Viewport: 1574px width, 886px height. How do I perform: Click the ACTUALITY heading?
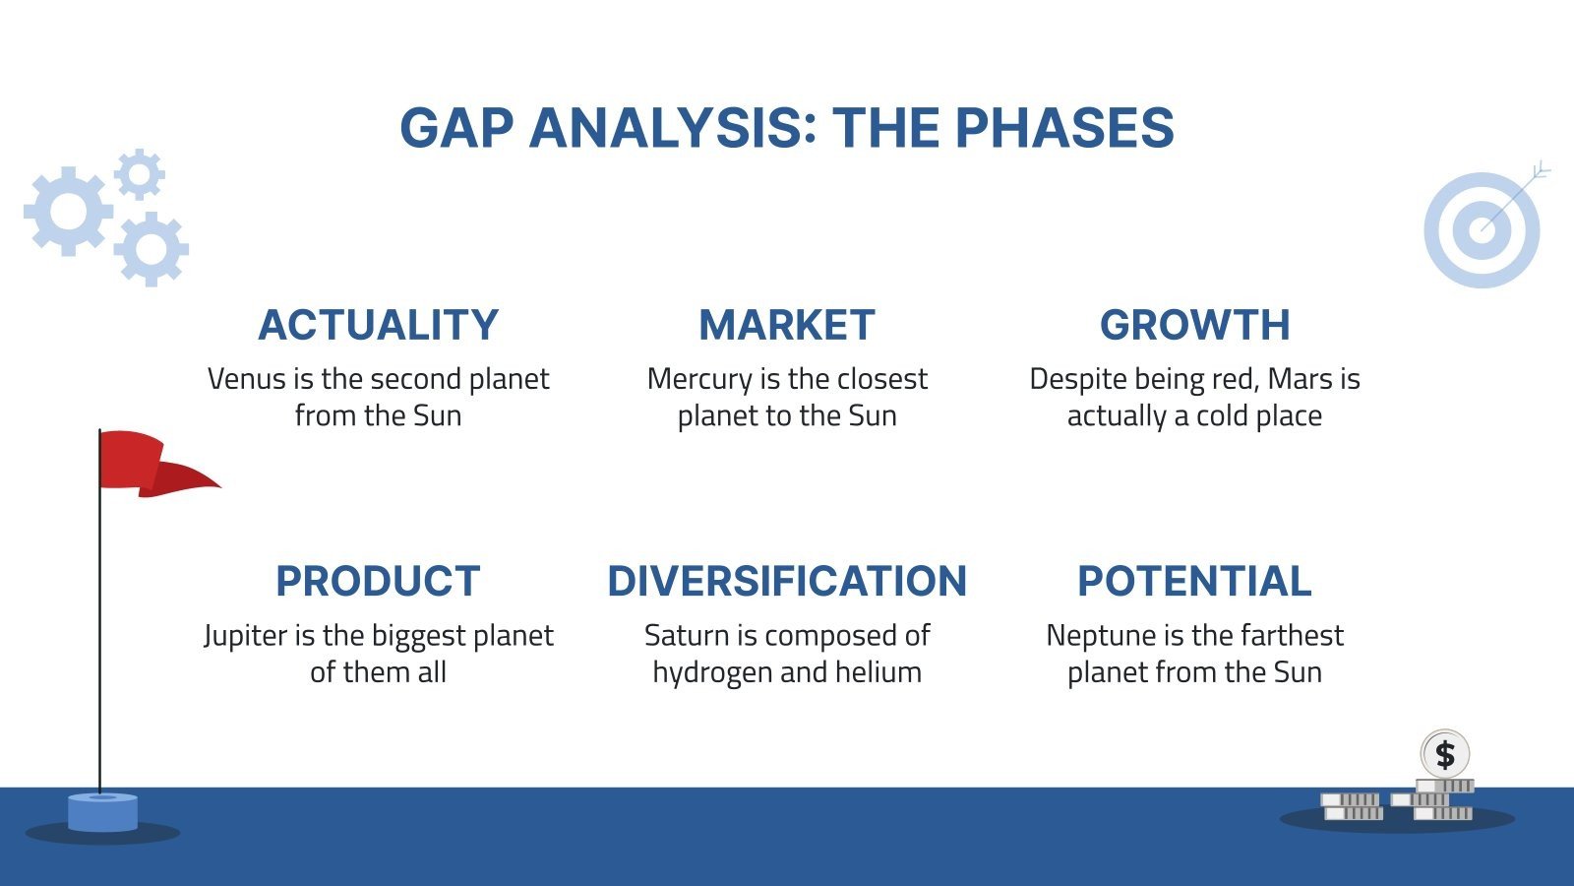click(x=378, y=325)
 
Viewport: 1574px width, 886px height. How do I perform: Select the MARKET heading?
click(x=786, y=325)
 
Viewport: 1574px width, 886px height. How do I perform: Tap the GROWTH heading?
click(x=1194, y=325)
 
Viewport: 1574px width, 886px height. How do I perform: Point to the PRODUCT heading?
click(x=378, y=581)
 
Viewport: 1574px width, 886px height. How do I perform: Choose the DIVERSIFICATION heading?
click(x=786, y=581)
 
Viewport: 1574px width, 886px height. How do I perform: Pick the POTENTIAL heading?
click(x=1194, y=581)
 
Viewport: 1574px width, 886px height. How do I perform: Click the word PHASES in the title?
click(x=1063, y=128)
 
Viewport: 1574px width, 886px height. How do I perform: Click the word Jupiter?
click(x=245, y=636)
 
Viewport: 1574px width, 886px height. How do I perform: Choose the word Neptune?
click(x=1093, y=636)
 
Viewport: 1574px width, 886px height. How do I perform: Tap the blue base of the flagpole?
click(x=102, y=812)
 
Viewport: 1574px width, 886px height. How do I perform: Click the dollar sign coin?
click(x=1444, y=755)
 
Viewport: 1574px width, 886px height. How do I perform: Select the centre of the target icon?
click(x=1482, y=230)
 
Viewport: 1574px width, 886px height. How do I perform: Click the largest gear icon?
click(x=67, y=211)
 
